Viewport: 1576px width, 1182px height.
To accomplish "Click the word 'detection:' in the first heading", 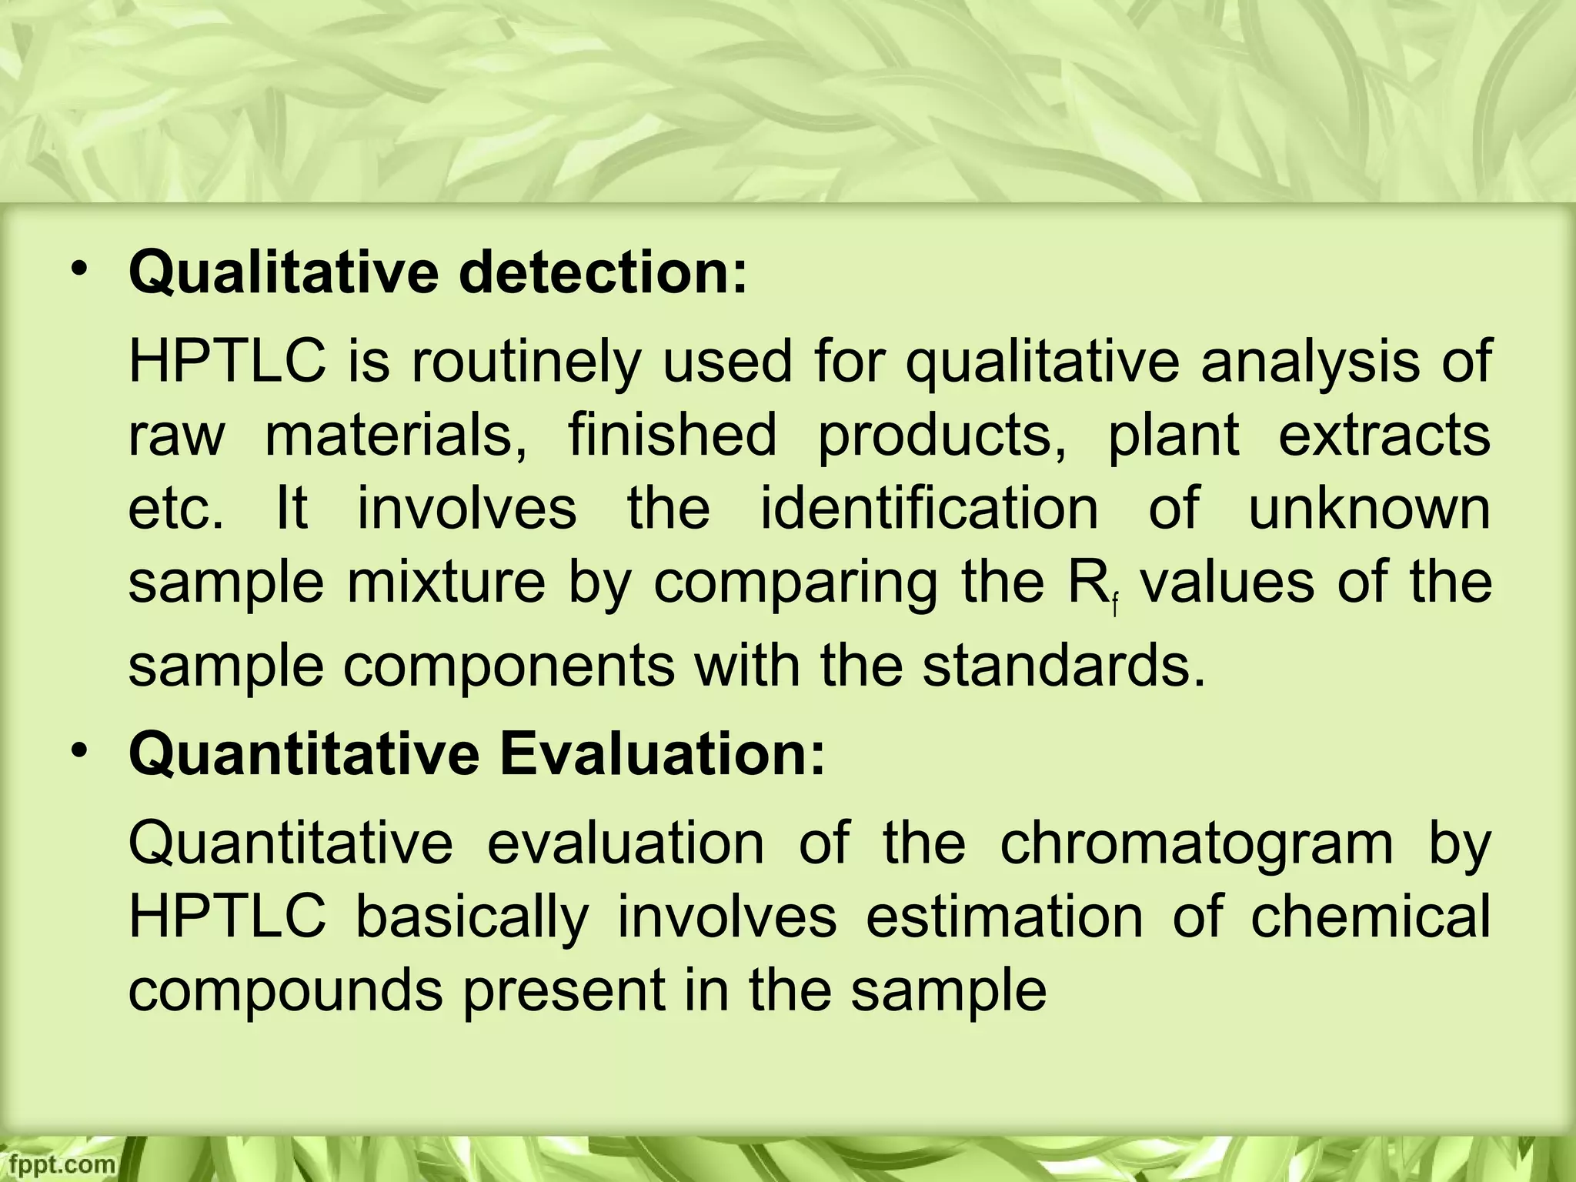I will click(603, 274).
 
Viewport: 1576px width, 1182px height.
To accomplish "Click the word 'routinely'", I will click(525, 362).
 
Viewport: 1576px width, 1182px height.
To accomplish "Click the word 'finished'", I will click(673, 435).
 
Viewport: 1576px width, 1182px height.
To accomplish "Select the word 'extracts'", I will click(1384, 435).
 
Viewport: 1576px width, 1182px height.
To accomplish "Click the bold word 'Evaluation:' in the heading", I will click(662, 756).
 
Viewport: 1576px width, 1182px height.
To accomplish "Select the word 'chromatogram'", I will click(1197, 844).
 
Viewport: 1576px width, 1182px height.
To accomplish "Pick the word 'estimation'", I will click(1003, 917).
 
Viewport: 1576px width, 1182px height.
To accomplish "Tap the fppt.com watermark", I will click(58, 1164).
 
